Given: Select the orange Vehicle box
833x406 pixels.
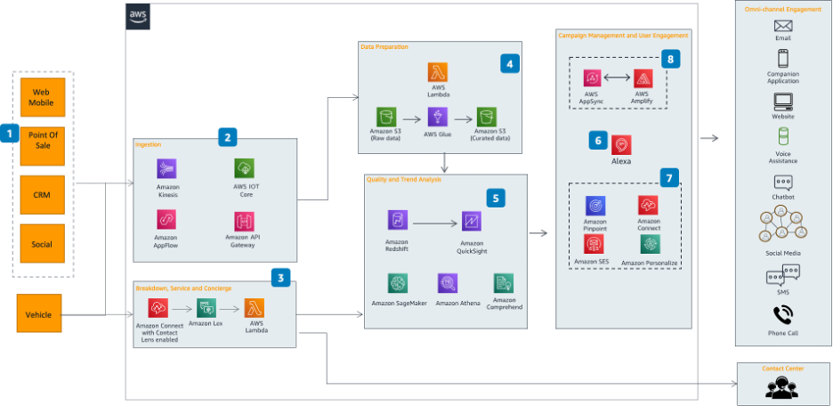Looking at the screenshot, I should (x=39, y=313).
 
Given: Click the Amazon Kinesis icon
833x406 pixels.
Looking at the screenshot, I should (x=167, y=168).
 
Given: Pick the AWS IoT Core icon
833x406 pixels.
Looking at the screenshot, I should (x=244, y=168).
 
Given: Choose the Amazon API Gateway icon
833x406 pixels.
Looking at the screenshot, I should (x=244, y=221).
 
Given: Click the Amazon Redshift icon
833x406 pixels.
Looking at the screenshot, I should (x=397, y=221).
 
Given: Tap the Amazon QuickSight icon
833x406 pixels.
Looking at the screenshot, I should (x=472, y=221).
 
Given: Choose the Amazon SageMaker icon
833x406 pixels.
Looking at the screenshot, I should (x=397, y=283).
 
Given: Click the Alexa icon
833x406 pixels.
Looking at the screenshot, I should (x=620, y=143).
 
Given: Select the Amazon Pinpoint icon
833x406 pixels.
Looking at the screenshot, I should (x=594, y=206).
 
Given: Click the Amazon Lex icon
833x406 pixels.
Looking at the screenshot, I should (x=206, y=309).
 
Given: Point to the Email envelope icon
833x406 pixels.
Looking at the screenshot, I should (x=782, y=25).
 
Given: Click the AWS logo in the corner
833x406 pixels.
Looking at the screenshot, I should (x=139, y=16).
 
